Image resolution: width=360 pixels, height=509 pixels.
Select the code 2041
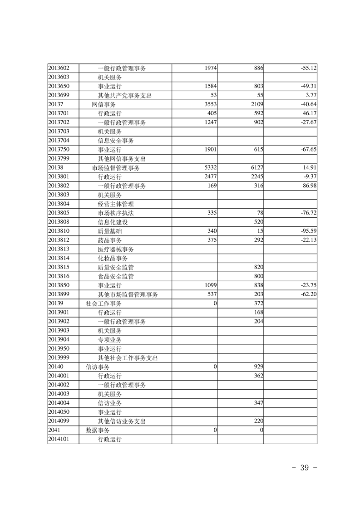54,430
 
